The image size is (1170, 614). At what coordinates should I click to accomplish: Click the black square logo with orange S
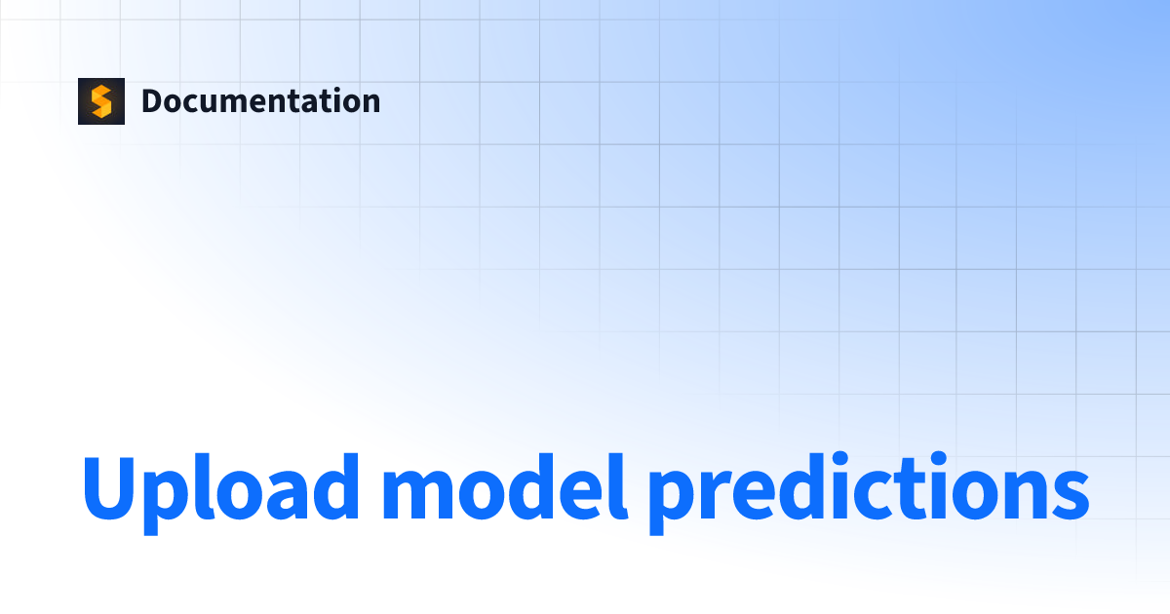101,101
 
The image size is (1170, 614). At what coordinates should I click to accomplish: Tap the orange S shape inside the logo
101,101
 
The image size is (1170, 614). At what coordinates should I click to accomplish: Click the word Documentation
260,101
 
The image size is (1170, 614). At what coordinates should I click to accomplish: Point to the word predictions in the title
868,487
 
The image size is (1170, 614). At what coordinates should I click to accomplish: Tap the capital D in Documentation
152,101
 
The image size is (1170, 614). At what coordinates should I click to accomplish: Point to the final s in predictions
1068,492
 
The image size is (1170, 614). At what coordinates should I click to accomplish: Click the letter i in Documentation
328,101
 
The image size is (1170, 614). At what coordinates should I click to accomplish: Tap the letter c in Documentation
189,104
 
